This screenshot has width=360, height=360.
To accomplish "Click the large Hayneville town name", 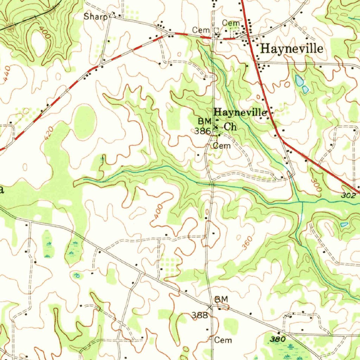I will coord(291,49).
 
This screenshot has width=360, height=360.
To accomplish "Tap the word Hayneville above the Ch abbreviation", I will coord(240,113).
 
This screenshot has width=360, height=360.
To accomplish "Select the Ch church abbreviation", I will coord(230,127).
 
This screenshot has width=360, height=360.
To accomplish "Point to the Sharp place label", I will coord(95,16).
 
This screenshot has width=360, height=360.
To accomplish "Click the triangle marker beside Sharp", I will coord(112,15).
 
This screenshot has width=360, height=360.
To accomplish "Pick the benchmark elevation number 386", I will coord(203,131).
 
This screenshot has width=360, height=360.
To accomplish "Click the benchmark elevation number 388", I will coord(200,315).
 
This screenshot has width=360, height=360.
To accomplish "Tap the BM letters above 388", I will coord(221,299).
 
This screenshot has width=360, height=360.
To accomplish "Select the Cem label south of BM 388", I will coord(223,340).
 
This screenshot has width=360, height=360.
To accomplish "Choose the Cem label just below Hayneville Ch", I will coord(222,146).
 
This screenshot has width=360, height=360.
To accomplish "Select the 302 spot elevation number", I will coord(348,195).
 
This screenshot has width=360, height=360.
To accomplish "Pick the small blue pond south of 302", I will coord(344,224).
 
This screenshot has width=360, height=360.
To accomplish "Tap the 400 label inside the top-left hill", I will coord(44,33).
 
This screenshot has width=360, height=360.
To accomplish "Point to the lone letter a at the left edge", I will coord(2,190).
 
